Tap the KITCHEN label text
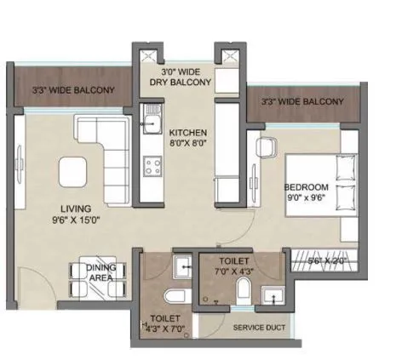click(187, 134)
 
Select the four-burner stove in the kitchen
click(153, 165)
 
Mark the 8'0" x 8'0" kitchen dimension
click(187, 146)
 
